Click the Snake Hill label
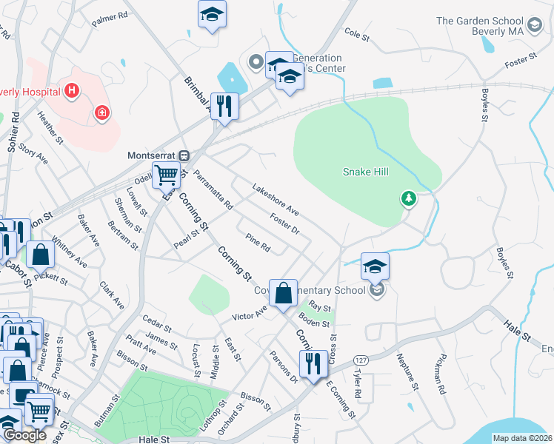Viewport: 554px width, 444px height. pos(365,172)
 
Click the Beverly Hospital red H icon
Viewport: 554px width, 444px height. pos(72,91)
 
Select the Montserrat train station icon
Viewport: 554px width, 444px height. pos(185,156)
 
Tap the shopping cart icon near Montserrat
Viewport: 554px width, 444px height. pos(167,176)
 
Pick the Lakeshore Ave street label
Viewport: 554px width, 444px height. pos(275,200)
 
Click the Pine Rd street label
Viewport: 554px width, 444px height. pos(258,241)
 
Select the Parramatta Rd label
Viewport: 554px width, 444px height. pos(213,189)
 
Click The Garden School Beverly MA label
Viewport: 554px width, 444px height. pos(490,26)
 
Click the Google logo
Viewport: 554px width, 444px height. pos(24,435)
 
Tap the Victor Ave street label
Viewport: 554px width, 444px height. pos(250,314)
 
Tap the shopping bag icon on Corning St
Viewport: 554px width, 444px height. pos(283,293)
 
